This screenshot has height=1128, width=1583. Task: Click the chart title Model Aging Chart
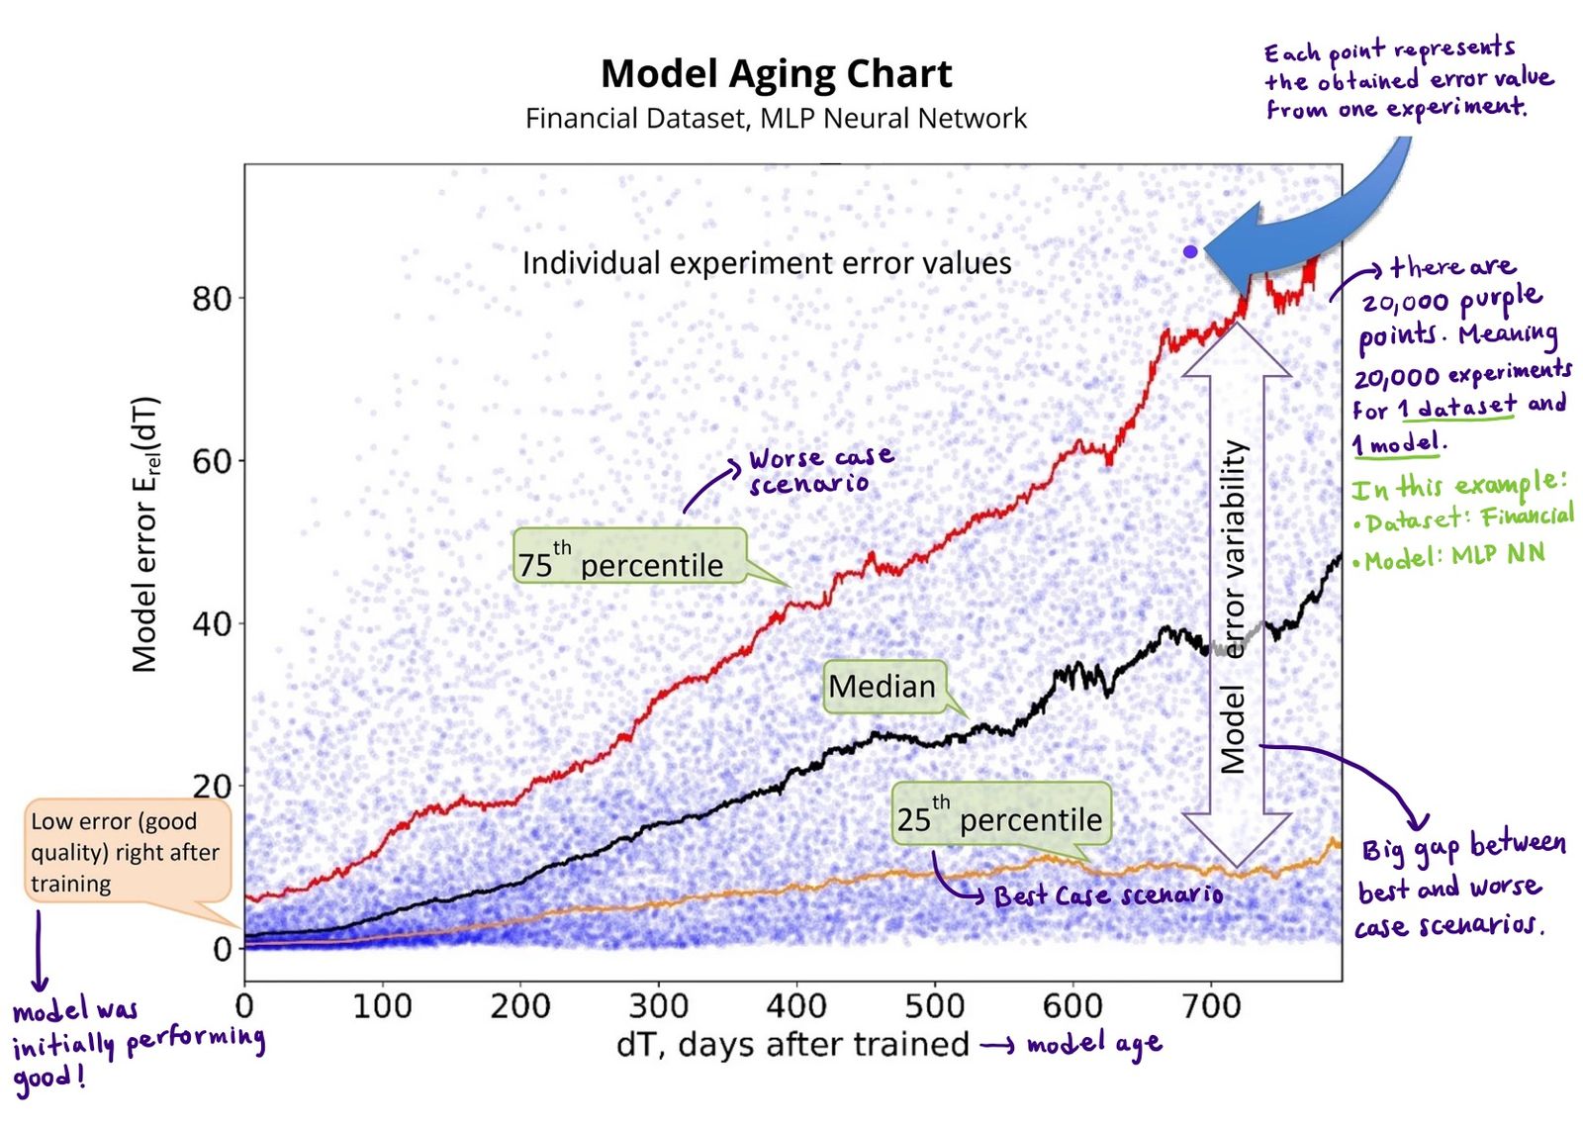pyautogui.click(x=776, y=74)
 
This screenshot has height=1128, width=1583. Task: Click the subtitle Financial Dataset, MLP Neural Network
pyautogui.click(x=776, y=119)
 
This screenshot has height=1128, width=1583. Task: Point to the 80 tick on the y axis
pyautogui.click(x=212, y=298)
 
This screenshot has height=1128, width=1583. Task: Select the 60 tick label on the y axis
pyautogui.click(x=212, y=461)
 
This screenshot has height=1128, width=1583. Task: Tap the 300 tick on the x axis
pyautogui.click(x=658, y=1006)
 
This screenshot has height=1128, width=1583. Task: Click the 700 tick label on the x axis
pyautogui.click(x=1210, y=1006)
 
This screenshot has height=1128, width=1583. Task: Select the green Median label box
pyautogui.click(x=883, y=687)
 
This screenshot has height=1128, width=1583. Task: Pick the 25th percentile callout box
pyautogui.click(x=999, y=813)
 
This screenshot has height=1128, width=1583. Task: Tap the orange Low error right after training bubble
pyautogui.click(x=127, y=851)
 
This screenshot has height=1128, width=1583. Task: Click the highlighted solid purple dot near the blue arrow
pyautogui.click(x=1190, y=252)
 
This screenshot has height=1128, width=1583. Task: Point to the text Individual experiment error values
pyautogui.click(x=767, y=263)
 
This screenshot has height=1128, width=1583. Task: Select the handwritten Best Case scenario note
pyautogui.click(x=1108, y=895)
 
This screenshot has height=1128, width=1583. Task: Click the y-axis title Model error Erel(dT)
pyautogui.click(x=146, y=534)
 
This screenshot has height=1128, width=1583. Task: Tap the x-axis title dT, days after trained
pyautogui.click(x=791, y=1045)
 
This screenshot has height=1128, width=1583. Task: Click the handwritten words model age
pyautogui.click(x=1094, y=1045)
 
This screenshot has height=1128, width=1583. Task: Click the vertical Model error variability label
pyautogui.click(x=1233, y=606)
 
